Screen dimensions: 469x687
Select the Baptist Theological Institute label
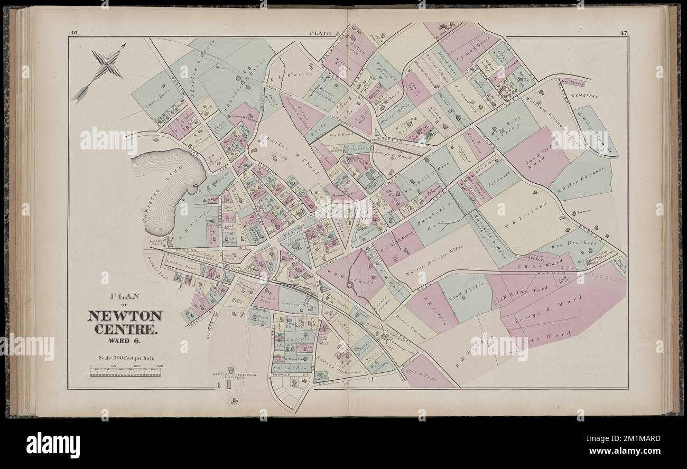coord(232,377)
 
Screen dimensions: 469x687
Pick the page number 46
coord(73,34)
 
